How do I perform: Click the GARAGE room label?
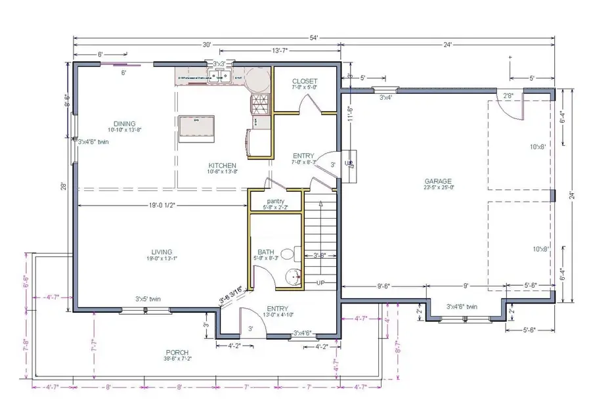pyautogui.click(x=438, y=181)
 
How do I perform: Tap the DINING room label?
pyautogui.click(x=124, y=124)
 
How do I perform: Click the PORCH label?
pyautogui.click(x=177, y=351)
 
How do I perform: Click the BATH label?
pyautogui.click(x=265, y=252)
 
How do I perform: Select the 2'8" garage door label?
pyautogui.click(x=508, y=96)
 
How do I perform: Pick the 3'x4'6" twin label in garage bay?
pyautogui.click(x=462, y=306)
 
